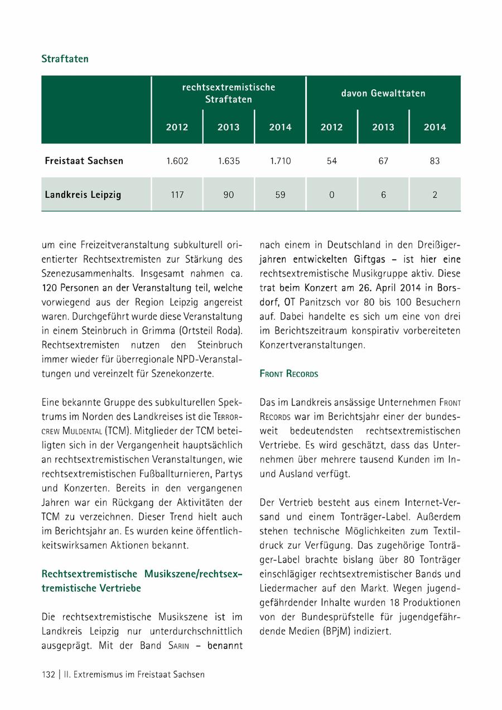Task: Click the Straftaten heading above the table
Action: (x=65, y=59)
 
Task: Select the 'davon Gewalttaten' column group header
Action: (x=383, y=93)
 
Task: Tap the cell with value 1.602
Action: (x=177, y=161)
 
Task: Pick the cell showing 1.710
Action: (x=280, y=161)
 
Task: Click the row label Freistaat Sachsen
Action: (x=84, y=161)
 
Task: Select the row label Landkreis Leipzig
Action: (x=83, y=195)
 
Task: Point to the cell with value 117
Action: (x=177, y=195)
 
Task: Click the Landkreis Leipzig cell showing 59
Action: (x=280, y=195)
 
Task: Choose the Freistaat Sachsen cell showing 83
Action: (x=435, y=161)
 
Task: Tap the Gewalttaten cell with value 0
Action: (x=332, y=195)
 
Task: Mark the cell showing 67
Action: (x=383, y=161)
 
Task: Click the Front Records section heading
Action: (x=289, y=374)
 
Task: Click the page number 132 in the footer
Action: (x=48, y=674)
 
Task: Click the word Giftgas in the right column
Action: (x=369, y=259)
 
